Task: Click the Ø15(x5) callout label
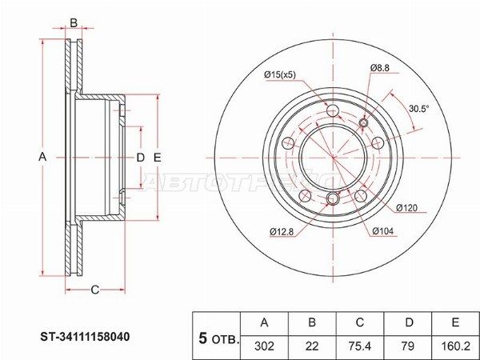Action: [x=280, y=74]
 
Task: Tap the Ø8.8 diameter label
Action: [x=379, y=68]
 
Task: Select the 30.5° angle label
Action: [x=419, y=108]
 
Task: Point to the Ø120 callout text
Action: [x=406, y=208]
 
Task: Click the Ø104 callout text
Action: [x=383, y=231]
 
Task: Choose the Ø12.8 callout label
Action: [x=282, y=232]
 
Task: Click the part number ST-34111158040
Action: [x=85, y=337]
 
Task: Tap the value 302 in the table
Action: [x=264, y=346]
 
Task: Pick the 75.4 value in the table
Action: [x=360, y=346]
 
